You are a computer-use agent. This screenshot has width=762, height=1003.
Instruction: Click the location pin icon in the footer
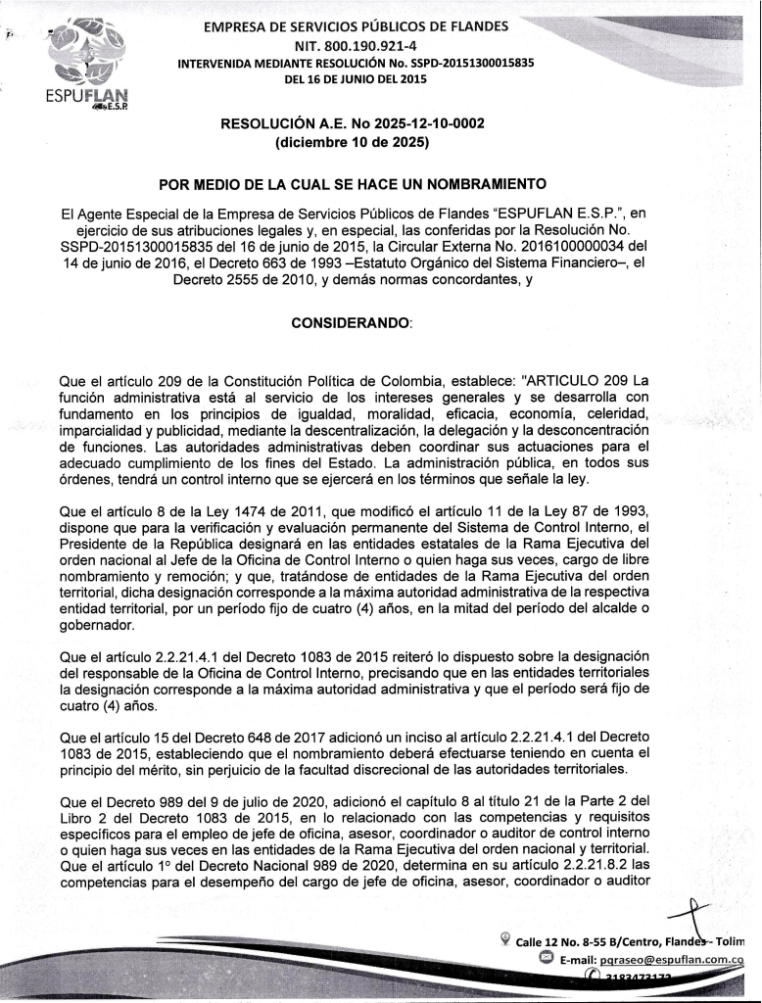coord(504,942)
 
